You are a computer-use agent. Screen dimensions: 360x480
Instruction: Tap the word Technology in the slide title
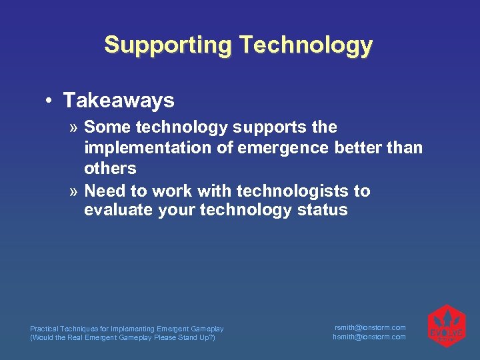pos(306,45)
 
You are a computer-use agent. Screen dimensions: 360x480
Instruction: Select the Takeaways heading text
pos(119,101)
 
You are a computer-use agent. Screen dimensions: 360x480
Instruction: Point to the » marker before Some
pos(75,127)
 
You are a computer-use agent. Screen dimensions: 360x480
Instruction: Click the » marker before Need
pos(75,192)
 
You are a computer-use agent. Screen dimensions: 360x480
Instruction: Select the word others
pos(110,168)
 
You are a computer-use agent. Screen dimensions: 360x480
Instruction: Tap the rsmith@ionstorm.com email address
pos(370,327)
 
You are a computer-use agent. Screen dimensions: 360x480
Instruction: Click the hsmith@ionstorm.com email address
pos(369,337)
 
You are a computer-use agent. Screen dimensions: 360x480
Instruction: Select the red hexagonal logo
pos(446,327)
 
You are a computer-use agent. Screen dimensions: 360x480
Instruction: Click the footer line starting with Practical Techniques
pos(127,329)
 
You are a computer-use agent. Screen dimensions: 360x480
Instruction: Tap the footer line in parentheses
pos(123,337)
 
